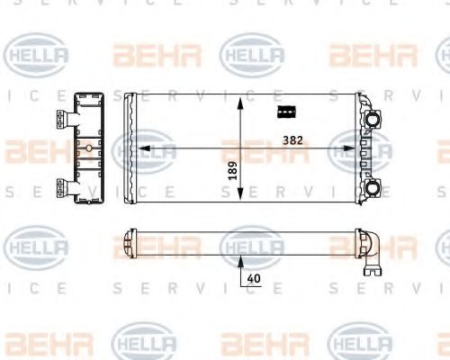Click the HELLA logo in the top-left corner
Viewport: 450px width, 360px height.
click(x=36, y=56)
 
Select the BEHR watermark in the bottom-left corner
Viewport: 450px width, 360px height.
click(x=36, y=342)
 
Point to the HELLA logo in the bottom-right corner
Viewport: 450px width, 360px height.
click(x=360, y=342)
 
